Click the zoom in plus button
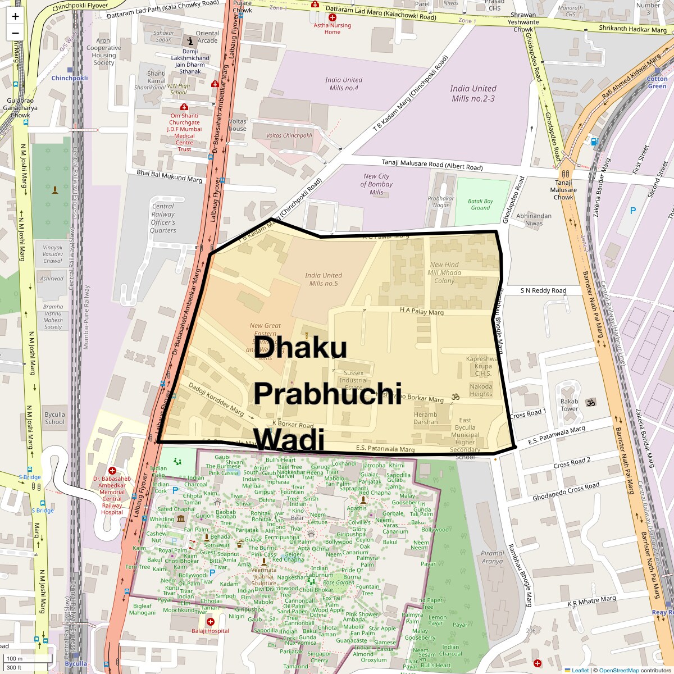(x=15, y=16)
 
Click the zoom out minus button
(x=15, y=33)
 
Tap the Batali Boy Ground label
(x=480, y=204)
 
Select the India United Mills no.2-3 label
(x=473, y=93)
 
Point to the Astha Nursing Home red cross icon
(x=333, y=18)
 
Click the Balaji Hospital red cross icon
(x=210, y=622)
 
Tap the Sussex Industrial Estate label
(x=354, y=380)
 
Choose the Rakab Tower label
(x=569, y=405)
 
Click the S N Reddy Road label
(x=543, y=290)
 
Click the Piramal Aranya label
(x=492, y=557)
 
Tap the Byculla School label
(x=54, y=418)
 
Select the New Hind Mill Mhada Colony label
(x=444, y=272)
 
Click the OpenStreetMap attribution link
(x=618, y=670)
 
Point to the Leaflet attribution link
(x=580, y=670)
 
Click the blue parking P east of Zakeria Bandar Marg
(x=633, y=211)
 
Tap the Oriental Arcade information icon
(x=190, y=40)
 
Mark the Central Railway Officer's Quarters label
(x=163, y=218)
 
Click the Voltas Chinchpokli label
(x=289, y=135)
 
